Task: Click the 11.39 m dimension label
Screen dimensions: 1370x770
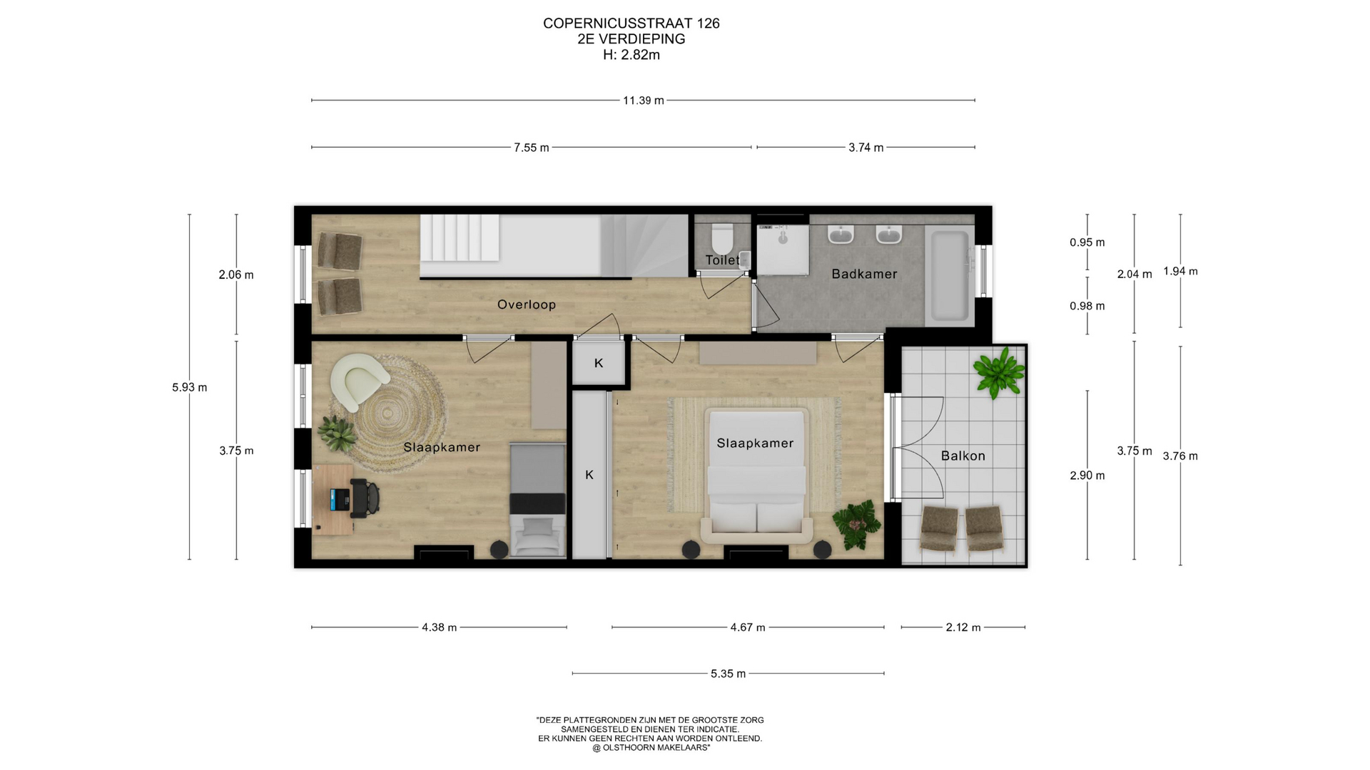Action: point(643,101)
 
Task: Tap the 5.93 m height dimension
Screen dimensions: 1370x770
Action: point(190,388)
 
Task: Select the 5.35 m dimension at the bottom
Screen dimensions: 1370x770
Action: point(728,674)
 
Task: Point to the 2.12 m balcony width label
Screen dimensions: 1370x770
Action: point(963,627)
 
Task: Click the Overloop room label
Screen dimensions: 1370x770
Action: point(527,304)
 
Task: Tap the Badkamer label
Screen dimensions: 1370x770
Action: point(864,274)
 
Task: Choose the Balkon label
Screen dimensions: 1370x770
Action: point(963,456)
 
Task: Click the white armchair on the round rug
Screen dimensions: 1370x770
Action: point(361,381)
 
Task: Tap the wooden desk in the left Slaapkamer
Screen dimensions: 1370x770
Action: point(333,500)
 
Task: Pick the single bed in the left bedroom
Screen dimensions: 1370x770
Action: point(538,500)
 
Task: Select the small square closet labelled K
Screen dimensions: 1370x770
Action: point(599,363)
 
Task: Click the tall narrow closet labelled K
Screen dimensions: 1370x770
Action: point(590,475)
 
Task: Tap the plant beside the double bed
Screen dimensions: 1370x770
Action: point(857,524)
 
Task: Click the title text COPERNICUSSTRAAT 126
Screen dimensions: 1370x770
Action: point(631,24)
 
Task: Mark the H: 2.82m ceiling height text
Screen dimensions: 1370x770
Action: point(631,55)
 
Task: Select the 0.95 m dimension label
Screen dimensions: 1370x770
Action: point(1087,242)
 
